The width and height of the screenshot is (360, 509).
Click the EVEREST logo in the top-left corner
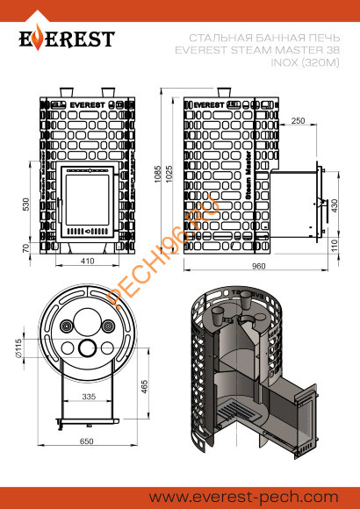pyautogui.click(x=67, y=39)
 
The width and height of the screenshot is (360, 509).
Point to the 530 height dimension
pyautogui.click(x=27, y=204)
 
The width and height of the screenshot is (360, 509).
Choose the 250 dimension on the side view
pyautogui.click(x=298, y=120)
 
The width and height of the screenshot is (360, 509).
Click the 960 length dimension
pyautogui.click(x=257, y=265)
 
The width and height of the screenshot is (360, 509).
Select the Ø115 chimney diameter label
pyautogui.click(x=29, y=354)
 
